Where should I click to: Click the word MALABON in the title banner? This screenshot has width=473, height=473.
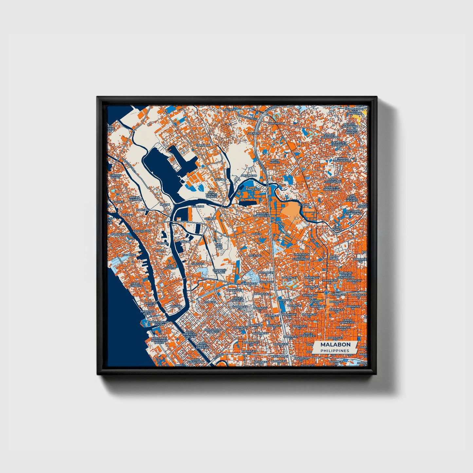tap(335, 345)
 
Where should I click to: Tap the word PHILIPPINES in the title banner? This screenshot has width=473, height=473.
tap(335, 351)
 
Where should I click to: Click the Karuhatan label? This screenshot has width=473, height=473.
tap(276, 123)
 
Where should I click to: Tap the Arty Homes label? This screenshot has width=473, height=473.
tap(275, 161)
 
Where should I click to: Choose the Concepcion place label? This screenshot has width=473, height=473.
tap(142, 231)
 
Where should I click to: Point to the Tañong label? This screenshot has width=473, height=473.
tap(176, 306)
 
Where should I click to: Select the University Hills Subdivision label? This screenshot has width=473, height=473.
tap(301, 257)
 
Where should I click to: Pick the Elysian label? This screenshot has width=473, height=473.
tap(304, 204)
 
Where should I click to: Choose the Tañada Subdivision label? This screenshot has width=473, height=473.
tap(342, 160)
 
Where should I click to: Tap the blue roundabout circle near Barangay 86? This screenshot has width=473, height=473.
tap(326, 292)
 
